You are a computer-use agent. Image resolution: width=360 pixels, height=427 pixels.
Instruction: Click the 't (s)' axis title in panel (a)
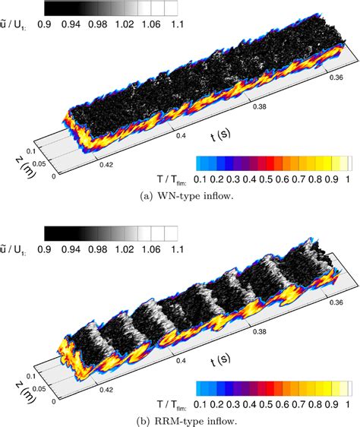(221, 135)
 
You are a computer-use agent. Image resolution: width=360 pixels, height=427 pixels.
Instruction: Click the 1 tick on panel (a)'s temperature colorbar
(349, 184)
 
